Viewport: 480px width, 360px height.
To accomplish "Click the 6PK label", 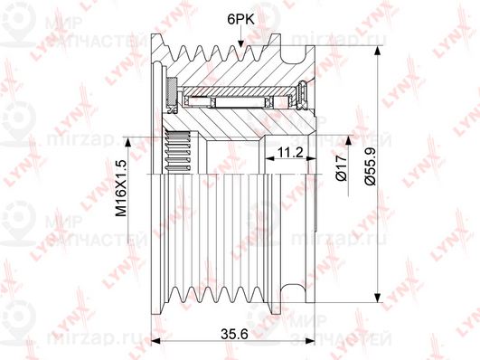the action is point(240,20).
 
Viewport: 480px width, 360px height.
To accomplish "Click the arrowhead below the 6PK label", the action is point(240,43).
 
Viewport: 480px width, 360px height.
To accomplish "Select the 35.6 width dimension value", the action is point(234,334).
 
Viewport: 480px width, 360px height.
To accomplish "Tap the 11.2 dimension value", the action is point(290,152).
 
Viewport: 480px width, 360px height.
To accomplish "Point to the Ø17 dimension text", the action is point(342,168).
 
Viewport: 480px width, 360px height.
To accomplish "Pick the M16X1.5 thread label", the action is point(120,188).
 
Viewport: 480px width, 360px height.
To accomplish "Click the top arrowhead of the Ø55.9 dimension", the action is point(379,51).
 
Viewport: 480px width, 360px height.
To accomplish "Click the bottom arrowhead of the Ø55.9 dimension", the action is point(379,298).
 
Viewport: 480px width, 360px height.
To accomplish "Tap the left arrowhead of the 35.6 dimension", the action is point(156,341).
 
